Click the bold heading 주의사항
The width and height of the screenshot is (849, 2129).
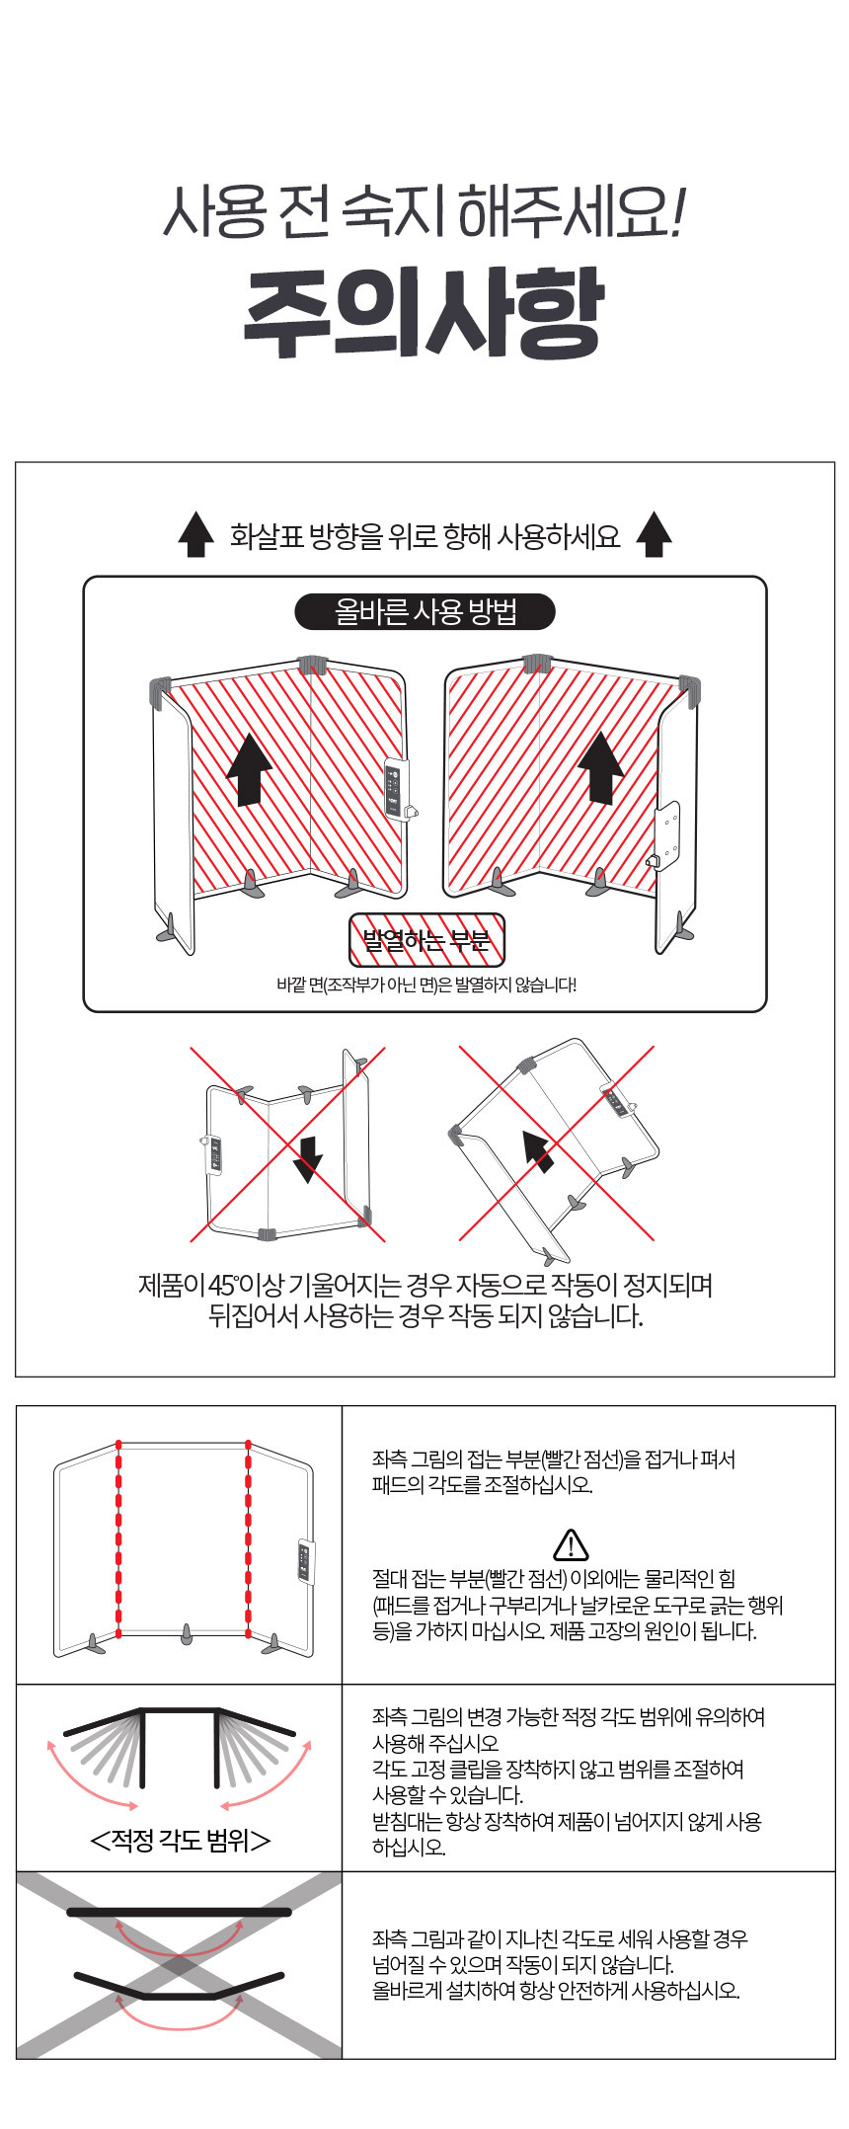point(424,314)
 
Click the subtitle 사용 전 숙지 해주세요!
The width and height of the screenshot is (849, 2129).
point(424,211)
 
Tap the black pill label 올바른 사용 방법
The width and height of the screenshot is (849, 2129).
point(424,612)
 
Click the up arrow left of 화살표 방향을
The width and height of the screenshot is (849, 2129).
point(195,535)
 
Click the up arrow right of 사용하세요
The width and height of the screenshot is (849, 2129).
point(654,535)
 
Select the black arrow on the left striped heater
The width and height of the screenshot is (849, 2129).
point(249,769)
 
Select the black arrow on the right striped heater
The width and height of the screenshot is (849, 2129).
point(600,768)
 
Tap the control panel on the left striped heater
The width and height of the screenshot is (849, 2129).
point(395,788)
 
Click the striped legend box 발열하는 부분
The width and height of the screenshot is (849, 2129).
point(426,939)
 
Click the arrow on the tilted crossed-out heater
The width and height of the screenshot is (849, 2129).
point(537,1151)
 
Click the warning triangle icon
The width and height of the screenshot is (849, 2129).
point(571,1544)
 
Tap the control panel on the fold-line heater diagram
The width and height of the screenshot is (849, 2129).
point(305,1563)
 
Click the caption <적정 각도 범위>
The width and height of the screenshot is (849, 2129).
point(180,1840)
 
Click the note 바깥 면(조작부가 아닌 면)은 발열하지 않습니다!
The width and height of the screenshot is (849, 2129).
point(425,985)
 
